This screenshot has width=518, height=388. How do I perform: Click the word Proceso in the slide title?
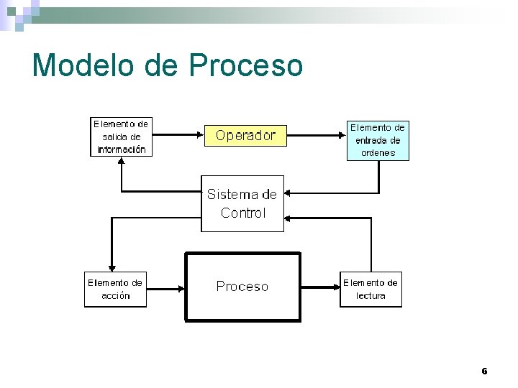246,65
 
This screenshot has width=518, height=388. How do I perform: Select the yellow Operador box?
245,135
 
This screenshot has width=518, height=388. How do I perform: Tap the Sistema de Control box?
242,203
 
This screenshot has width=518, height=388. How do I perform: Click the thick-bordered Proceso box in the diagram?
242,287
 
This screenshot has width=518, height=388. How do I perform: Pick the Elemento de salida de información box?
121,137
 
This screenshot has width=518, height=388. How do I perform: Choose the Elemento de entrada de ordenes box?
378,139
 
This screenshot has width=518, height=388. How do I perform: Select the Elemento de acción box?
115,289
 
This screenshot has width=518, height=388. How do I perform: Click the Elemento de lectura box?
371,289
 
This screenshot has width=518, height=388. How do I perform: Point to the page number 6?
484,371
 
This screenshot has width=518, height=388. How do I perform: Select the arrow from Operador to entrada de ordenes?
317,134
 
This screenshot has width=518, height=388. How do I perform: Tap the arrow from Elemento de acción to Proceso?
166,289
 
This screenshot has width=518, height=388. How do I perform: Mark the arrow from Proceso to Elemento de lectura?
319,287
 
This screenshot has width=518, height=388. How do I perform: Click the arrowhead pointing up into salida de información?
122,161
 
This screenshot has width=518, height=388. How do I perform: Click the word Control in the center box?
243,213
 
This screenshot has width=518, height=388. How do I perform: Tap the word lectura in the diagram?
371,295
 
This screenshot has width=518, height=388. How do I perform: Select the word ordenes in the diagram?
378,152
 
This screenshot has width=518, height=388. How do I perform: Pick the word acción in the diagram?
115,295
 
